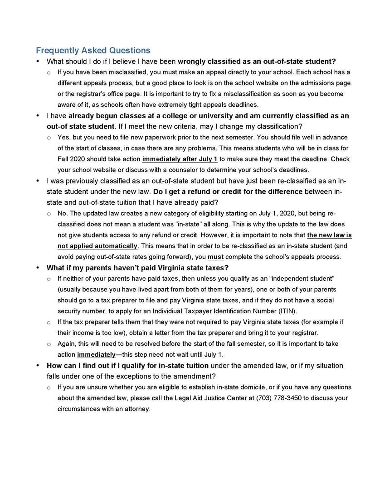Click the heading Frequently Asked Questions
click(x=93, y=50)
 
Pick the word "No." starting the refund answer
click(x=63, y=213)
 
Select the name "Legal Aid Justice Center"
click(x=216, y=398)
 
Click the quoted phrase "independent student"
click(x=302, y=278)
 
